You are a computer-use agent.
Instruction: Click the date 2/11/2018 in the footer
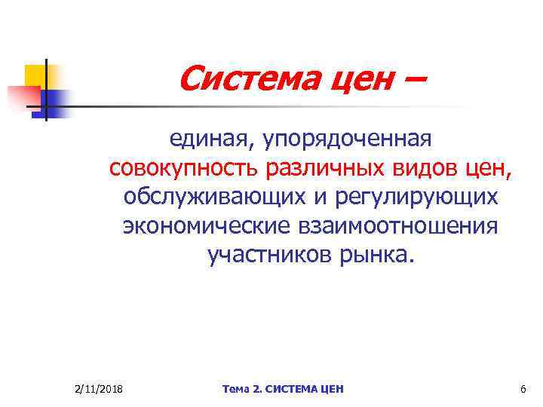click(x=100, y=389)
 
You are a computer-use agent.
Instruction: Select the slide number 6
click(x=523, y=389)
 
